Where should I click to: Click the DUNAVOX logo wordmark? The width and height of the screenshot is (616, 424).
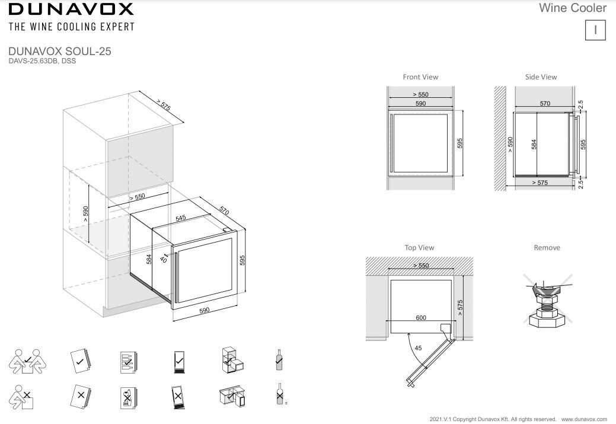tap(71, 9)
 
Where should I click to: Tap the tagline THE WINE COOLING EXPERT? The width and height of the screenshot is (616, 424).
tap(71, 27)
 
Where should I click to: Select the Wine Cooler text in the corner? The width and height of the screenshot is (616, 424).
tap(573, 8)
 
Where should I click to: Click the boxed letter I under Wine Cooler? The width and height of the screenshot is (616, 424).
tap(595, 30)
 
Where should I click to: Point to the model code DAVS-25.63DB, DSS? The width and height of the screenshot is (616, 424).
tap(42, 60)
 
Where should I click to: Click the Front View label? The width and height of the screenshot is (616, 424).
tap(420, 77)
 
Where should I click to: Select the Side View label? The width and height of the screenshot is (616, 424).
tap(541, 77)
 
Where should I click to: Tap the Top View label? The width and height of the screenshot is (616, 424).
tap(419, 248)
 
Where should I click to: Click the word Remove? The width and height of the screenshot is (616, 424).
tap(547, 248)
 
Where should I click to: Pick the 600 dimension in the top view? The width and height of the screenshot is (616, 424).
tap(421, 318)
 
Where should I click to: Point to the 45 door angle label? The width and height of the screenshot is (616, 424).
tap(419, 348)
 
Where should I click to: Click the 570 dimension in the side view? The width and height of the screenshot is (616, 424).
tap(545, 103)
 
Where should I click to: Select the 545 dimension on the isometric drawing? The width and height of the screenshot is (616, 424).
tap(181, 218)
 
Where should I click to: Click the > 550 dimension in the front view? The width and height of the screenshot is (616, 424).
tap(420, 95)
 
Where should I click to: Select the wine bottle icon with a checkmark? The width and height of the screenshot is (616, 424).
tap(278, 359)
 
